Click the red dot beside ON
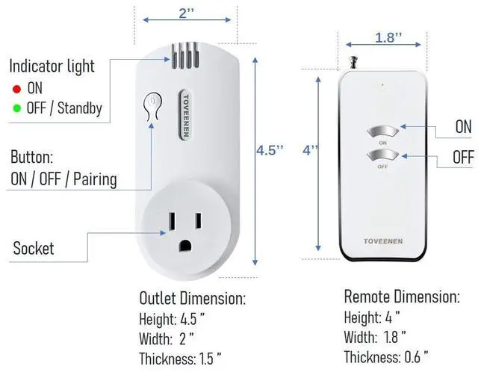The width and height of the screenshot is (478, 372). tap(16, 88)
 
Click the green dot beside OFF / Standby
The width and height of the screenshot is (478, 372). tap(16, 108)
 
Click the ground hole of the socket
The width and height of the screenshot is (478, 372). tap(184, 246)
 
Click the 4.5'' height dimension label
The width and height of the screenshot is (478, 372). tap(270, 149)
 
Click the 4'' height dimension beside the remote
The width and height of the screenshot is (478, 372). tap(311, 149)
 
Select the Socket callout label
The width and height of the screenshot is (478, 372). tap(34, 248)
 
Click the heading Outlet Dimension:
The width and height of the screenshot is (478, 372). tap(192, 299)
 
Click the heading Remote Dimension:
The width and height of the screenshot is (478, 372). tap(401, 297)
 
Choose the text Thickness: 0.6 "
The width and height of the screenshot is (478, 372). tap(385, 356)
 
